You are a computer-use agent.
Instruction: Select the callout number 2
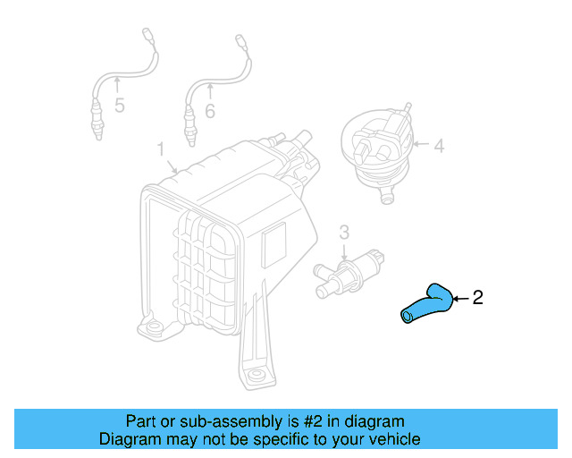[x=477, y=298]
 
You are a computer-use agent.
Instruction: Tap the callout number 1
[x=161, y=148]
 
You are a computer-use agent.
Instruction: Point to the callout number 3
[x=344, y=233]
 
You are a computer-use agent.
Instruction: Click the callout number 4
[x=439, y=144]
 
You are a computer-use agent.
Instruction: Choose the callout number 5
[x=119, y=108]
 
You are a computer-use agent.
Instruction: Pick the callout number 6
[x=210, y=111]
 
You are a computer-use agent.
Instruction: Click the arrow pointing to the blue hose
[x=459, y=298]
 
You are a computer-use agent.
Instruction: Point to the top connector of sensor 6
[x=240, y=42]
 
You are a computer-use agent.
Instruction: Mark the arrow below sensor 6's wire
[x=210, y=90]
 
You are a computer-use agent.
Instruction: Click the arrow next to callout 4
[x=420, y=144]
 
